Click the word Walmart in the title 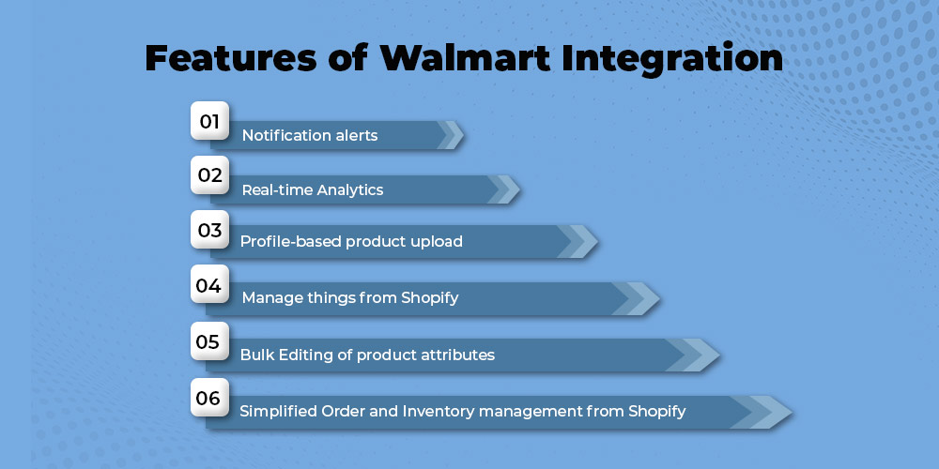pos(465,58)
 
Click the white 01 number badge pos(209,121)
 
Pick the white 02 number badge pos(209,175)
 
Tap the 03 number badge pos(209,229)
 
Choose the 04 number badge pos(209,284)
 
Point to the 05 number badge pos(209,341)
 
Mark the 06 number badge pos(209,397)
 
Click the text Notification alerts pos(310,135)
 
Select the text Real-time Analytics pos(313,189)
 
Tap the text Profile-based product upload pos(351,242)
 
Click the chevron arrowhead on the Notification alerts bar pos(451,135)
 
